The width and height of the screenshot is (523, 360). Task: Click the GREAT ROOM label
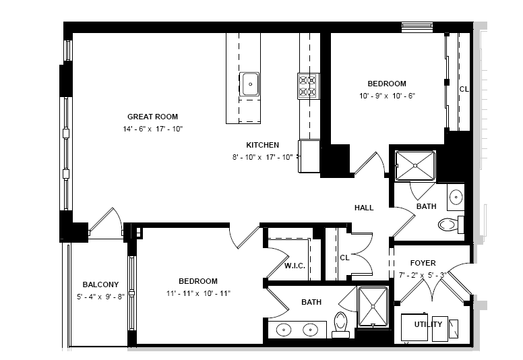pos(152,117)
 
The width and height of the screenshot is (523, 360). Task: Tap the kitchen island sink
pos(249,84)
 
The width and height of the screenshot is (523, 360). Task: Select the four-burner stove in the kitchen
pos(309,86)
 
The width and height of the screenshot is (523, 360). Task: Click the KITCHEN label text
pos(262,145)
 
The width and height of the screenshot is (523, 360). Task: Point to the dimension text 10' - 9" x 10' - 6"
pos(387,96)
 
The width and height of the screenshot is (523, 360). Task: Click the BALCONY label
pos(100,284)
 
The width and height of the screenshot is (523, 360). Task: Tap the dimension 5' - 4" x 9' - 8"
pos(100,297)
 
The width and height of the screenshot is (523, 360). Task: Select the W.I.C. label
pos(295,266)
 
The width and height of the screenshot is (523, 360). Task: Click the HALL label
pos(364,208)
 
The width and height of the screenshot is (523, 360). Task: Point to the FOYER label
pos(423,263)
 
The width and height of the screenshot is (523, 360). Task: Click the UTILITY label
pos(428,324)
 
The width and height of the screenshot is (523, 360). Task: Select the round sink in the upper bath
pos(456,197)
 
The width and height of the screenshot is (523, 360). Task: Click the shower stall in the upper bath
pos(415,166)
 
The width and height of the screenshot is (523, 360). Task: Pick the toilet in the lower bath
pos(341,325)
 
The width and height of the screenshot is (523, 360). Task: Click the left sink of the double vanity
pos(284,330)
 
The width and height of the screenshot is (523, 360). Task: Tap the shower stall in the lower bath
pos(373,307)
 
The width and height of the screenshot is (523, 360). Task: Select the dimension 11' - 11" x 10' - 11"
pos(198,294)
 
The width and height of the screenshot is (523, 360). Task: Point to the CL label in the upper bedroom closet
pos(464,90)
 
